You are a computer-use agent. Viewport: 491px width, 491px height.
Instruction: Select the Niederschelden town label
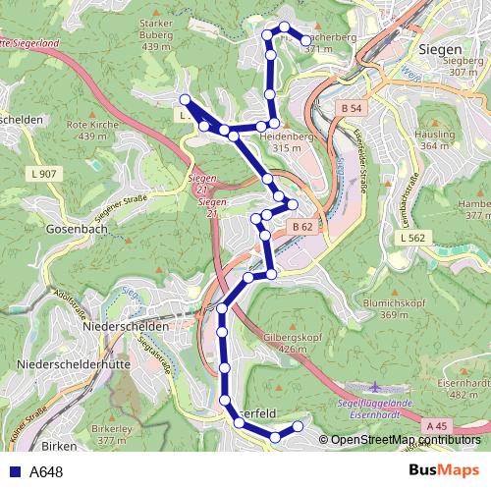pos(127,325)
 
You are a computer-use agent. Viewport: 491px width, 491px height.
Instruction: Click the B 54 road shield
pos(353,107)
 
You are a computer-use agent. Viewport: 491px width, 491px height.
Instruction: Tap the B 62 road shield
pos(301,227)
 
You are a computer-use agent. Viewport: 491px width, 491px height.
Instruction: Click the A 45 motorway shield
pos(438,425)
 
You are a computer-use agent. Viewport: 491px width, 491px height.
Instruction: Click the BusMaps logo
pos(445,471)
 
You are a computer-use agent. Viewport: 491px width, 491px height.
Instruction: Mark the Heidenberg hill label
pos(287,136)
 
